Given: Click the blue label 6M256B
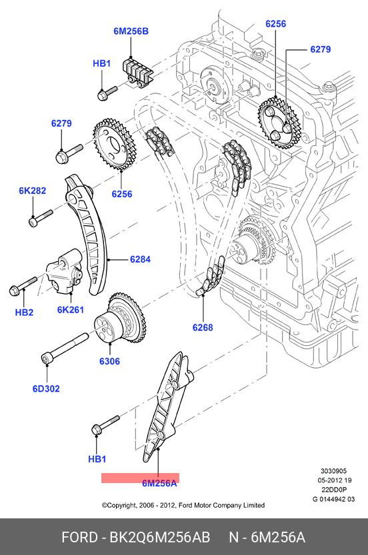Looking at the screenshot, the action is pyautogui.click(x=131, y=31).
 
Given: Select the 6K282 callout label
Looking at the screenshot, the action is pyautogui.click(x=33, y=191).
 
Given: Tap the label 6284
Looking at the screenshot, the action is pyautogui.click(x=140, y=259).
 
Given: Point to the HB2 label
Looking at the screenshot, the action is pyautogui.click(x=24, y=312).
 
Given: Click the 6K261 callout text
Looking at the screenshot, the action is pyautogui.click(x=71, y=310).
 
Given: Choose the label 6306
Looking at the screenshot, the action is pyautogui.click(x=109, y=361).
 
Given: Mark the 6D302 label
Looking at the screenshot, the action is pyautogui.click(x=46, y=388).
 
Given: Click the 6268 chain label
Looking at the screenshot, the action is pyautogui.click(x=203, y=327).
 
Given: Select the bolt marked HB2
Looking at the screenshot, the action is pyautogui.click(x=23, y=286).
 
